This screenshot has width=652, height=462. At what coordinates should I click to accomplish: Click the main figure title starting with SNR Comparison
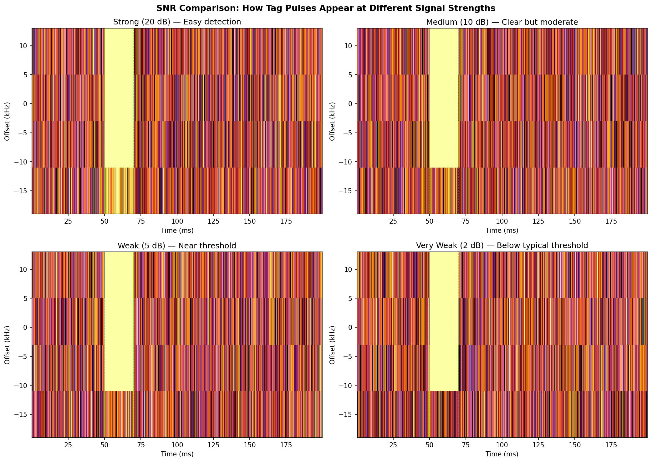(x=326, y=8)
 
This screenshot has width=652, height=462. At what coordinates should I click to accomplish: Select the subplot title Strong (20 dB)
(x=177, y=22)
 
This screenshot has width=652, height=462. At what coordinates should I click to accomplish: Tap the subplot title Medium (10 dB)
(x=502, y=22)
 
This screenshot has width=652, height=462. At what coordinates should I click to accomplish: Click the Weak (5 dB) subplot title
(x=177, y=246)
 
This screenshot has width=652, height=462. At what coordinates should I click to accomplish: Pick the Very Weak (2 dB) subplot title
(x=502, y=246)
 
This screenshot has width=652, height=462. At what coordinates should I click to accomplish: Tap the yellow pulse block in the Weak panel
(x=119, y=321)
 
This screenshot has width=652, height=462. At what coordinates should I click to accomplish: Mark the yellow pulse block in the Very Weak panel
(x=444, y=321)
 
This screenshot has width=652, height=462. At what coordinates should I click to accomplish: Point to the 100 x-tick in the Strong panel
(x=177, y=221)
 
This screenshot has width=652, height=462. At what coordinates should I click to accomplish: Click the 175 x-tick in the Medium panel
(x=611, y=221)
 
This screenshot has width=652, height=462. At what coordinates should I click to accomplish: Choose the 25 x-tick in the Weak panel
(x=68, y=444)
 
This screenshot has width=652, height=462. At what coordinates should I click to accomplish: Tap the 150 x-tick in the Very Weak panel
(x=574, y=444)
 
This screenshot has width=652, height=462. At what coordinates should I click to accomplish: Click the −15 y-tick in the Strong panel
(x=23, y=191)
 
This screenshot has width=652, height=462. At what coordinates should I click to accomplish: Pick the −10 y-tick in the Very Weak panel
(x=348, y=385)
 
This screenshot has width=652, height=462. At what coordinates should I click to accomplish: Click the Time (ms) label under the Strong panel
(x=177, y=231)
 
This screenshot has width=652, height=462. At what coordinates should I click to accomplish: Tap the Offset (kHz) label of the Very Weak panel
(x=332, y=345)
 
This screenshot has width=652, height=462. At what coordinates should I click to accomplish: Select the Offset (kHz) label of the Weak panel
(x=7, y=345)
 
